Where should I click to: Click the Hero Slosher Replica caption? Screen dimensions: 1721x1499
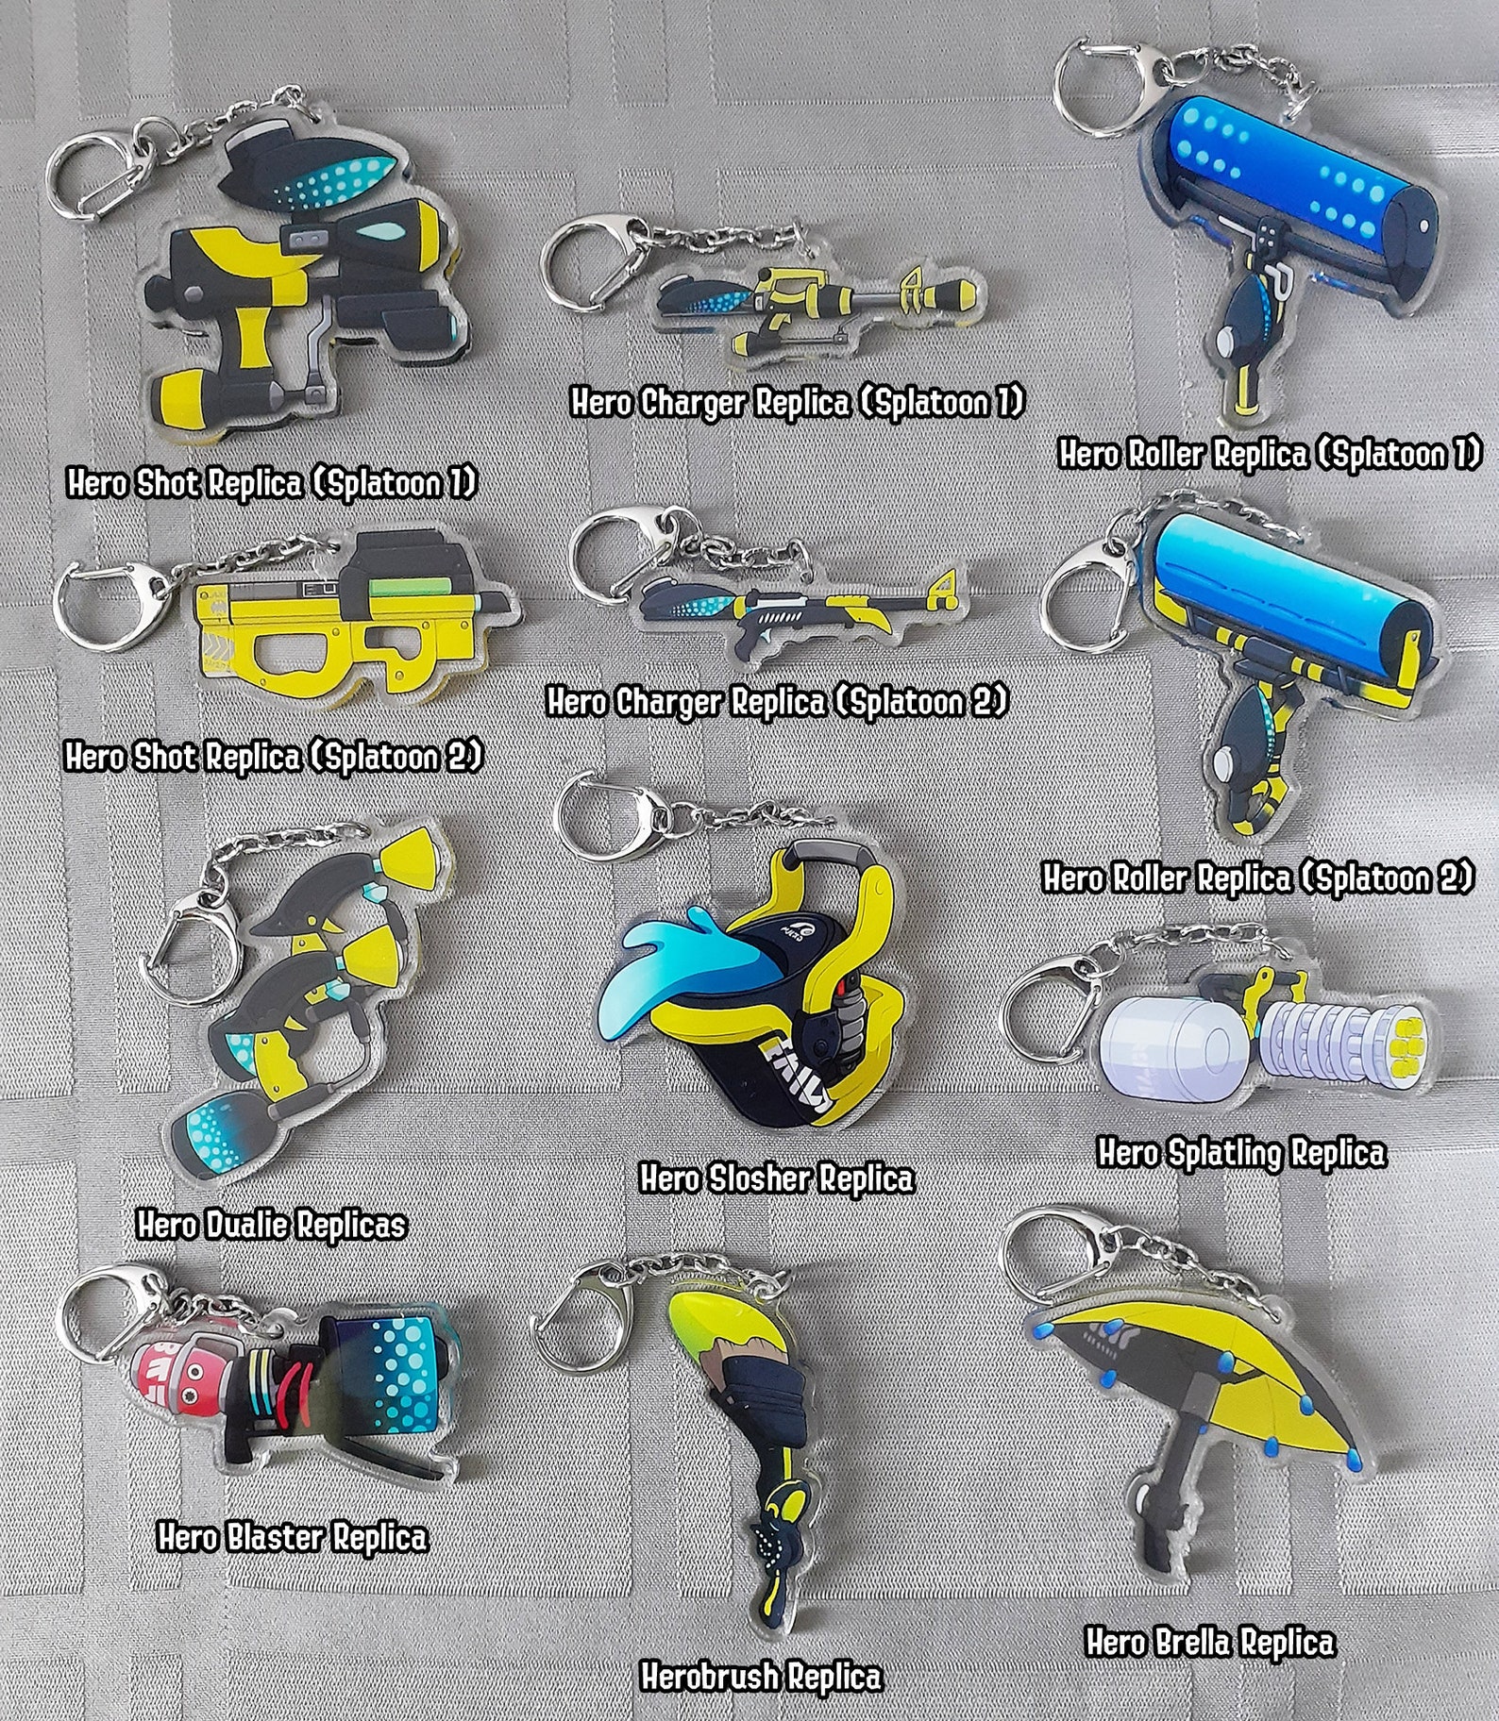pos(777,1178)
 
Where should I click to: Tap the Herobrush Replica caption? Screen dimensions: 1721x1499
pos(761,1677)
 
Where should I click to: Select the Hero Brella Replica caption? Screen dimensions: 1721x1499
pos(1209,1642)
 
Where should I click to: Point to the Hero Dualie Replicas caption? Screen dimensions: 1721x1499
pos(271,1225)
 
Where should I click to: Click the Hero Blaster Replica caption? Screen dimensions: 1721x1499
pos(292,1537)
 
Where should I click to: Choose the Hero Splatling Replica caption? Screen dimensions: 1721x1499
pos(1241,1152)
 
